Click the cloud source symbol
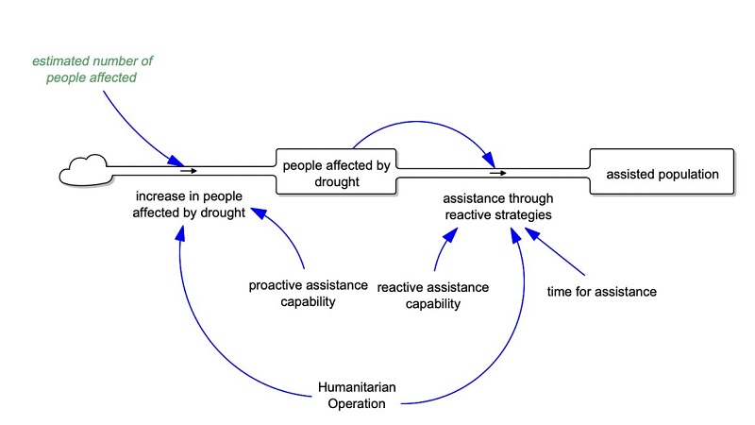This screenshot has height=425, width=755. [x=84, y=173]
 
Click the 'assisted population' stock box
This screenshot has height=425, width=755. [x=662, y=174]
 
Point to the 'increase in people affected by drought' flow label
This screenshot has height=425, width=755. [x=189, y=205]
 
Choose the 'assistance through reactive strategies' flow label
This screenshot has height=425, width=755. [x=498, y=207]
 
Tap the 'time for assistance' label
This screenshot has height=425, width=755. [x=601, y=292]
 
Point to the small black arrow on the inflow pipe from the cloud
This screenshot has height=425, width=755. [x=189, y=172]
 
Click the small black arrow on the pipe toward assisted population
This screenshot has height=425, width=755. [x=497, y=173]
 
